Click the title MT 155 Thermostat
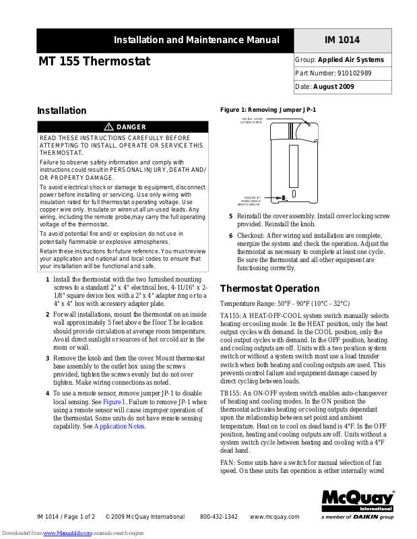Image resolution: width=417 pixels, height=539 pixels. click(x=94, y=62)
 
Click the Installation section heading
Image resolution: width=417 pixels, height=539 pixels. click(x=61, y=110)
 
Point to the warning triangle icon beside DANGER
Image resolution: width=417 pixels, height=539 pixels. click(x=108, y=127)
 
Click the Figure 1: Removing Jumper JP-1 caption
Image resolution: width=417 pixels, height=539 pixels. click(x=268, y=109)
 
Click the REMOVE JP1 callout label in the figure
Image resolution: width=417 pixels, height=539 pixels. click(x=249, y=200)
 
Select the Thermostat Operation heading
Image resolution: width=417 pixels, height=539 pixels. click(x=269, y=288)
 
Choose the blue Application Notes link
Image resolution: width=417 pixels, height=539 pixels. click(x=119, y=426)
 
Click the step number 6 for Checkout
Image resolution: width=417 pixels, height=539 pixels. click(x=230, y=235)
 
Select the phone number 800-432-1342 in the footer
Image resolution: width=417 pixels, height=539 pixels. click(x=218, y=517)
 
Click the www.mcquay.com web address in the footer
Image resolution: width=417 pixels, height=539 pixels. click(x=274, y=517)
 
